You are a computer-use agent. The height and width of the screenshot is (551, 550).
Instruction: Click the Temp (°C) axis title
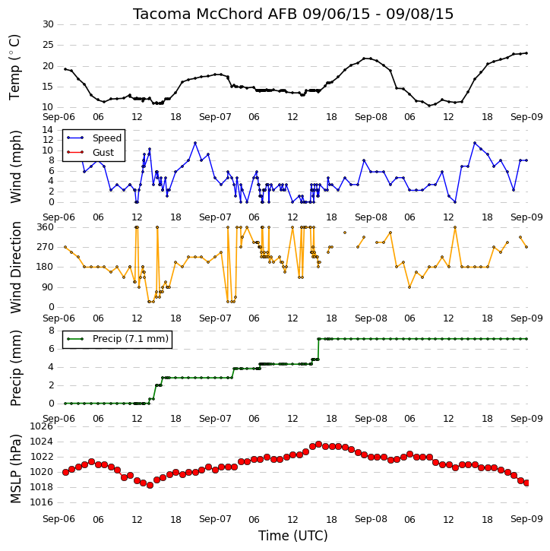(x=14, y=67)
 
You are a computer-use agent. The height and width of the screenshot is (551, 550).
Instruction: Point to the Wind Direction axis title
(x=15, y=268)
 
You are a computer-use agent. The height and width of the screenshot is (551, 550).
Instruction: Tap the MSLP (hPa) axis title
(x=15, y=469)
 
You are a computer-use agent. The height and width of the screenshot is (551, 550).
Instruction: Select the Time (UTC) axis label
(x=293, y=536)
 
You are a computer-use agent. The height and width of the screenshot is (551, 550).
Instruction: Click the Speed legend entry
(x=107, y=138)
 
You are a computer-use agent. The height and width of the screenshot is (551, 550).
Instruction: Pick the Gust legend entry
(x=103, y=153)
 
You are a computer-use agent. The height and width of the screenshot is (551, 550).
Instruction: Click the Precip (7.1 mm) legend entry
(x=131, y=339)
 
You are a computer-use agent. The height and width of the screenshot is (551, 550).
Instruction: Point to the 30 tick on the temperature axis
(x=48, y=24)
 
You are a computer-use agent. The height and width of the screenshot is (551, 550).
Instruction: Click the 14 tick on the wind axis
(x=48, y=130)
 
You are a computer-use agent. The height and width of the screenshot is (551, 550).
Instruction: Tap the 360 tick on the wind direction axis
(x=46, y=227)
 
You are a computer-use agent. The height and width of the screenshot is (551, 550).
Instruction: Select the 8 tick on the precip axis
(x=51, y=331)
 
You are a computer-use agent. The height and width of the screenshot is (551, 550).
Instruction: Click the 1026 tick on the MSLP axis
(x=42, y=426)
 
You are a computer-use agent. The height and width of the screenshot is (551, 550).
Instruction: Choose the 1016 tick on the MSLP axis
(x=42, y=502)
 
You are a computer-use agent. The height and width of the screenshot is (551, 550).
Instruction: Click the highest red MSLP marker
(x=318, y=445)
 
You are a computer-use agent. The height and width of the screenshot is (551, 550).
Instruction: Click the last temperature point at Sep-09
(x=526, y=53)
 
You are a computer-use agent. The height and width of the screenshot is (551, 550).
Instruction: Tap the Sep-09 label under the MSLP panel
(x=526, y=519)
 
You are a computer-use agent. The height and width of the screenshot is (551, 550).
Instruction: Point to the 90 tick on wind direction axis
(x=48, y=287)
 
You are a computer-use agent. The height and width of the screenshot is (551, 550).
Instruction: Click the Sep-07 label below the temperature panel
(x=215, y=117)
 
